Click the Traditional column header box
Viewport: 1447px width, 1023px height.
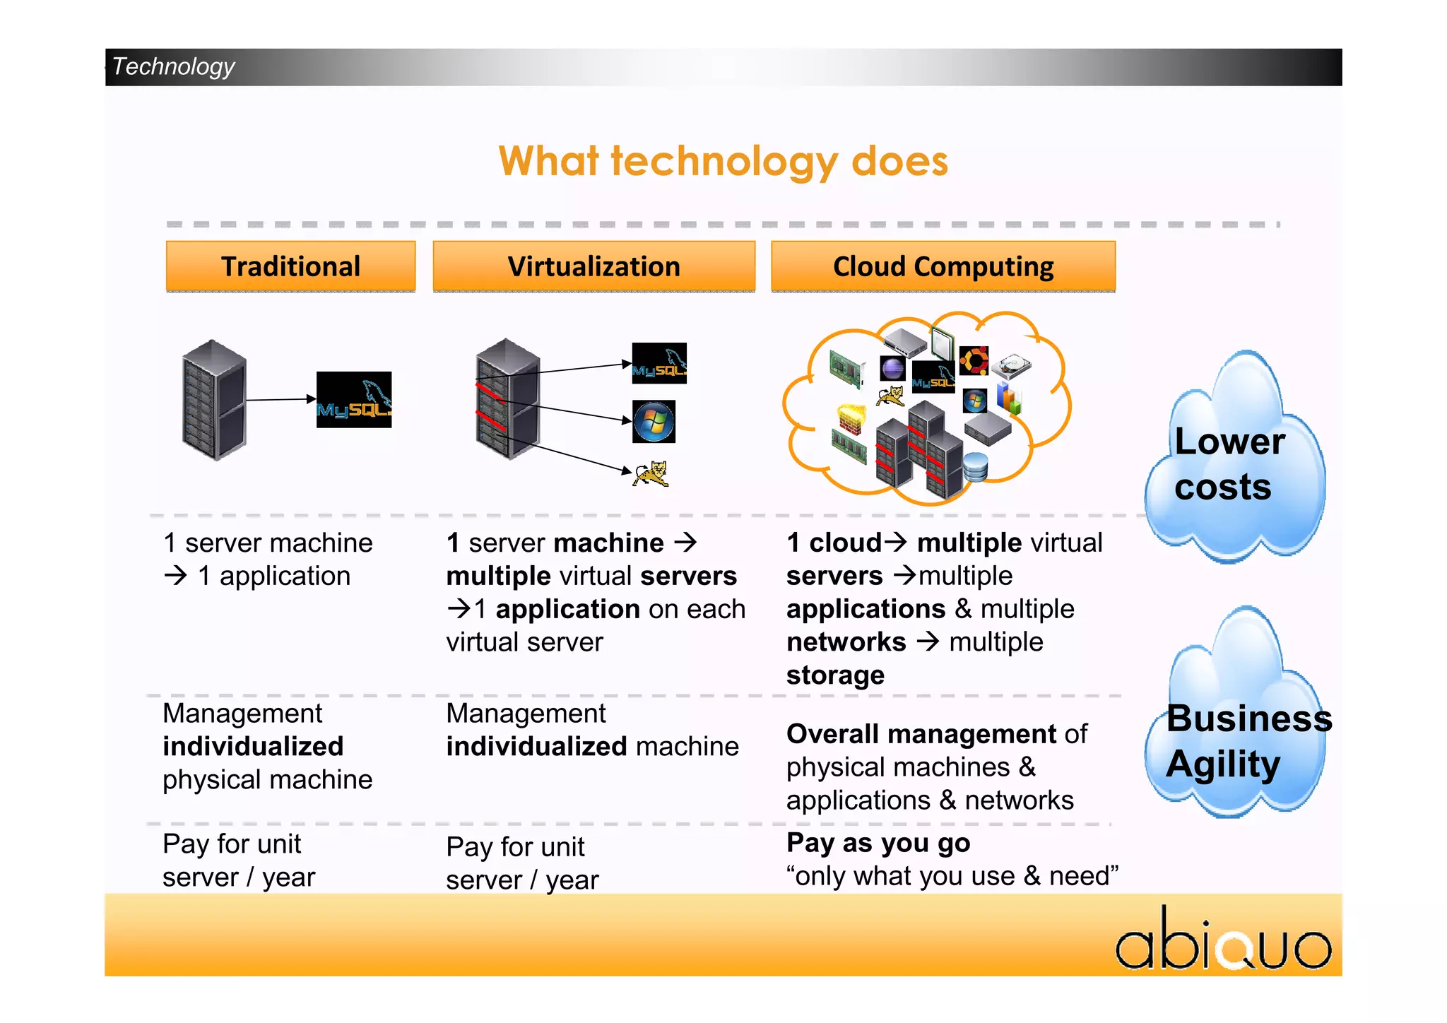click(x=290, y=266)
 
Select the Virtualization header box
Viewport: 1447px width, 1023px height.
click(x=593, y=266)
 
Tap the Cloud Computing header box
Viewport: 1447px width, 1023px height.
click(x=943, y=266)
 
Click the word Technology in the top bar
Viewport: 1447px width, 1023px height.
click(x=174, y=66)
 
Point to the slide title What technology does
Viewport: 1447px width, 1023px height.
click(x=723, y=161)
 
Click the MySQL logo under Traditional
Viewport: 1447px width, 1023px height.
click(x=353, y=399)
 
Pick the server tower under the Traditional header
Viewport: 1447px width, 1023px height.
click(x=214, y=400)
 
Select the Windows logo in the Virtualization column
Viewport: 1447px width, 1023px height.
click(x=654, y=422)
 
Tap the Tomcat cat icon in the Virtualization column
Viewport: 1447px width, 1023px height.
click(x=651, y=474)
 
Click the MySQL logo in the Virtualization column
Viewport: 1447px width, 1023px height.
click(x=658, y=363)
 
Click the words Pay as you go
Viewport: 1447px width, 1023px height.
click(x=878, y=843)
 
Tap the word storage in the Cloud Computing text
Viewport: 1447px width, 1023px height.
click(x=835, y=675)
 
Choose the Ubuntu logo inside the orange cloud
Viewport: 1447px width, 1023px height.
click(x=974, y=360)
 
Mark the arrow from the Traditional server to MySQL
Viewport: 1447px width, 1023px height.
click(x=280, y=400)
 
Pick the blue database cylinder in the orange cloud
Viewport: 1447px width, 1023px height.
click(x=975, y=467)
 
